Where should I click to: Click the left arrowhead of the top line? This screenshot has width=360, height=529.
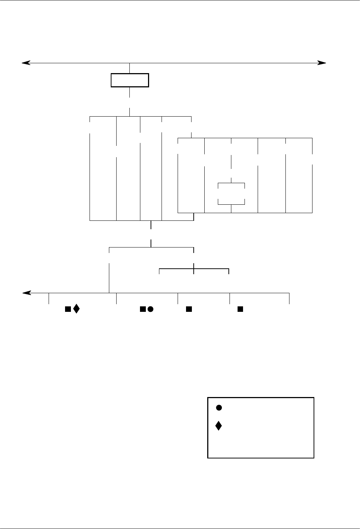23,63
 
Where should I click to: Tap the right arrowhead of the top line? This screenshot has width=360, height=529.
323,63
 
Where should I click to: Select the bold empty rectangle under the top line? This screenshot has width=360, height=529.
130,80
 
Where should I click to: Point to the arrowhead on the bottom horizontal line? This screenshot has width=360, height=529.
24,293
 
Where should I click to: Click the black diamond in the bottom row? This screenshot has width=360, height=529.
76,309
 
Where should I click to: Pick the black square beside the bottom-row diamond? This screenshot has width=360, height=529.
68,309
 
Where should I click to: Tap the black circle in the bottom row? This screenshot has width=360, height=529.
150,309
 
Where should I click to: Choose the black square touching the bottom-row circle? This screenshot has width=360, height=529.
142,309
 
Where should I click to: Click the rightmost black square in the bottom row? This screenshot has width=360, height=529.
240,309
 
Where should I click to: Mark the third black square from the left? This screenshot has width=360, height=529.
189,309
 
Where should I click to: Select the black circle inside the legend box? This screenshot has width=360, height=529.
219,407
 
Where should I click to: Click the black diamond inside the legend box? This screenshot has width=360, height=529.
219,426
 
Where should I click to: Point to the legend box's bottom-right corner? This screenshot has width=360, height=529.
314,458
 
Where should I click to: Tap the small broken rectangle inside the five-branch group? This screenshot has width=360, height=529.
231,193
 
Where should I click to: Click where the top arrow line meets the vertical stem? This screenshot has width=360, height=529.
130,63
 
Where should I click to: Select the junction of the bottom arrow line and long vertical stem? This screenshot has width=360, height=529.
109,293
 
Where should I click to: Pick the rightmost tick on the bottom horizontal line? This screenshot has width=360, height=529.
289,298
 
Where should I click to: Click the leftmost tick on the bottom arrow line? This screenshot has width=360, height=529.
49,298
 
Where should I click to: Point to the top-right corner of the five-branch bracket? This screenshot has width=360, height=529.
312,138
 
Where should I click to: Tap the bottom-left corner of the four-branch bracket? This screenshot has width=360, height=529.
90,220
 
